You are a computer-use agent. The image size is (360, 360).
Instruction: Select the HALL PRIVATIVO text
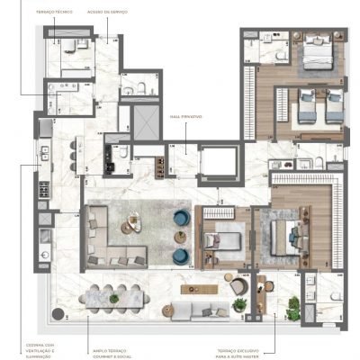186,118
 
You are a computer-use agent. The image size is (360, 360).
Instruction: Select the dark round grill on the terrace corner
59,314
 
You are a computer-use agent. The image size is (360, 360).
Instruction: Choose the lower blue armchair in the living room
183,255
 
